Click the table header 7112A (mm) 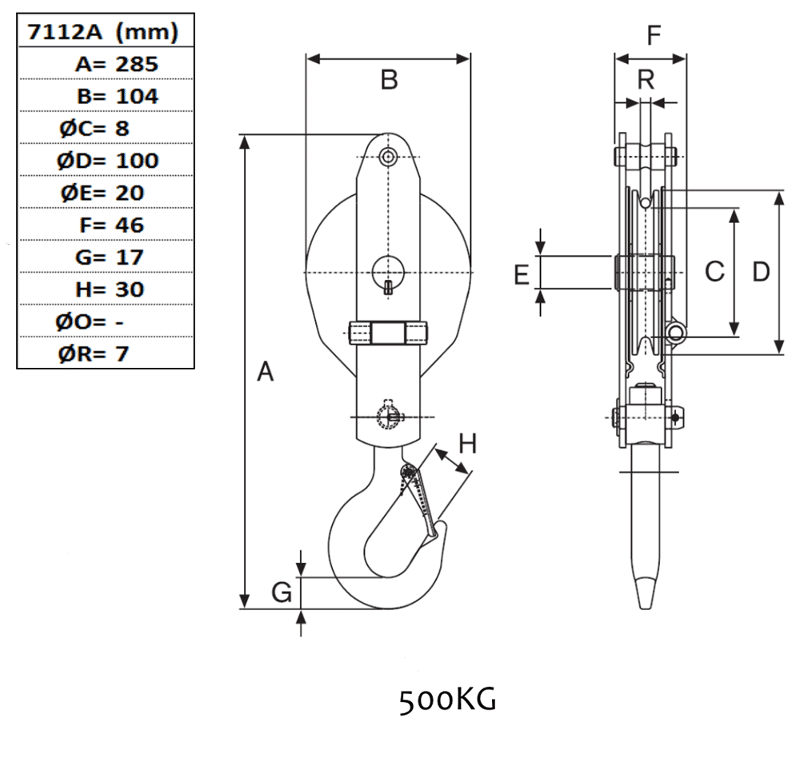pos(102,32)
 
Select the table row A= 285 pos(117,64)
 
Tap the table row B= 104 pos(118,96)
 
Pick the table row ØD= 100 pos(108,161)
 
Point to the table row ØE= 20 pos(102,194)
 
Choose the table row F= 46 pos(112,225)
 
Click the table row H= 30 pos(110,289)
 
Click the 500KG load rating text pos(447,701)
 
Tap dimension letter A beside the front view pos(266,371)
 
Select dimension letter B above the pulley pos(390,79)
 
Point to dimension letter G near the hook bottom pos(282,592)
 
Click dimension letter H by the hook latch pos(468,444)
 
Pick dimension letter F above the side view pos(654,36)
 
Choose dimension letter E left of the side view pos(522,275)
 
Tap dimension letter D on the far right pos(762,272)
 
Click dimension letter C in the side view pos(714,272)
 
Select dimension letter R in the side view pos(646,79)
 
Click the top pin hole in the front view pos(389,156)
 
